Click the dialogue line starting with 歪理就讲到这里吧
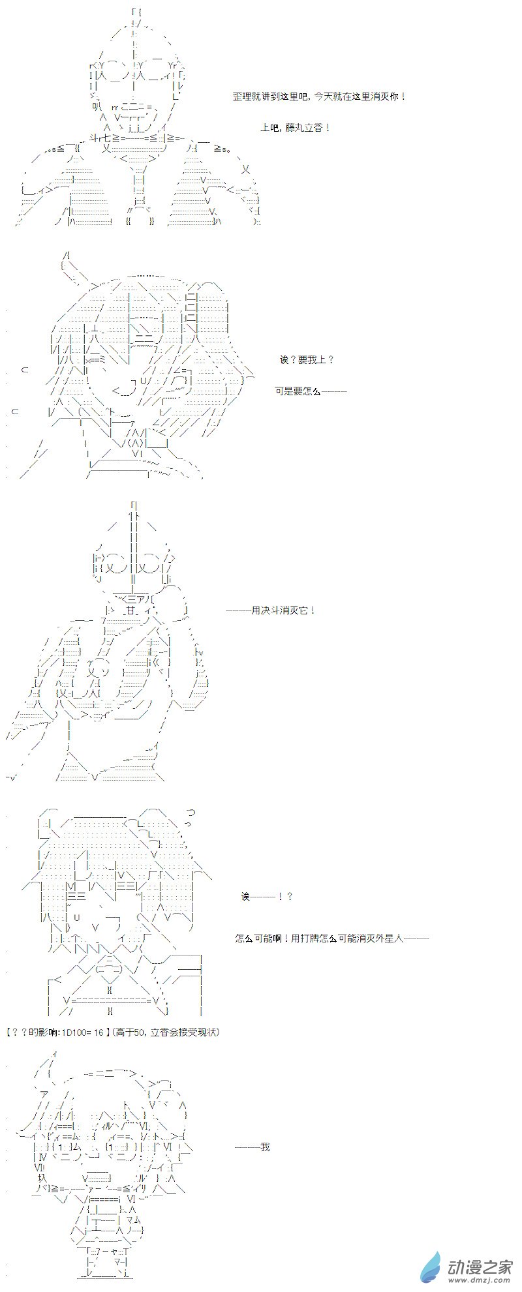319,96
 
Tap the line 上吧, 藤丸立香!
296,127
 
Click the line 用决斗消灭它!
271,610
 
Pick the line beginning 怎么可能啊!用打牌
332,939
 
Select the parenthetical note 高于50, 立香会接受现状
166,1032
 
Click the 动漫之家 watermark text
480,1265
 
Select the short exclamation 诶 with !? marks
267,897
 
